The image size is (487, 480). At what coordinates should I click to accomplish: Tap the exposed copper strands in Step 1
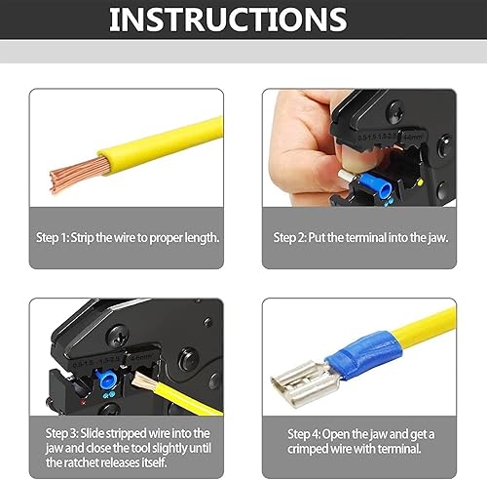tap(73, 174)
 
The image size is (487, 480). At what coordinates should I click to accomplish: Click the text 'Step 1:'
tap(56, 238)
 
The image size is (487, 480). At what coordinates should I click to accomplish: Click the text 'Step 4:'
tap(309, 433)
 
